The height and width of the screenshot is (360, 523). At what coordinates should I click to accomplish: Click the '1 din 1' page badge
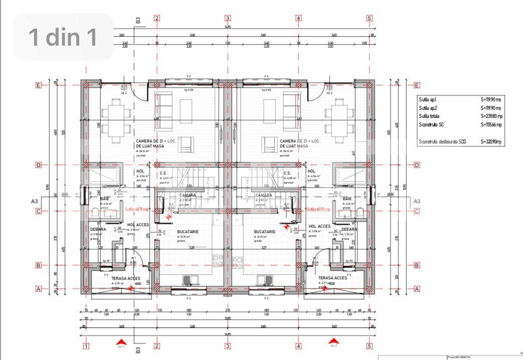[63, 37]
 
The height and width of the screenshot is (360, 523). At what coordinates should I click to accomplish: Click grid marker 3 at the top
[228, 18]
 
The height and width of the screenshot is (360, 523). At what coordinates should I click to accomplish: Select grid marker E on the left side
[38, 85]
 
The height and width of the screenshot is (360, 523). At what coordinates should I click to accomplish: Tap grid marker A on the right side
[417, 289]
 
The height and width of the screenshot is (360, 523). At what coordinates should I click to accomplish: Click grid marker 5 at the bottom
[370, 345]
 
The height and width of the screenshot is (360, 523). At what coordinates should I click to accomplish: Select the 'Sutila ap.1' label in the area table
[428, 100]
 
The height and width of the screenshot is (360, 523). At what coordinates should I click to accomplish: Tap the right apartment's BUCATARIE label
[265, 232]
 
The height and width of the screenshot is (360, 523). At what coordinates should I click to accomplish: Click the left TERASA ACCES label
[112, 278]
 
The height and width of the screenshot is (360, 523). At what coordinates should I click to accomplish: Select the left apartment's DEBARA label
[98, 229]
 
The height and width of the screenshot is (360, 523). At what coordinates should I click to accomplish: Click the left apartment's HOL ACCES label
[138, 225]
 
